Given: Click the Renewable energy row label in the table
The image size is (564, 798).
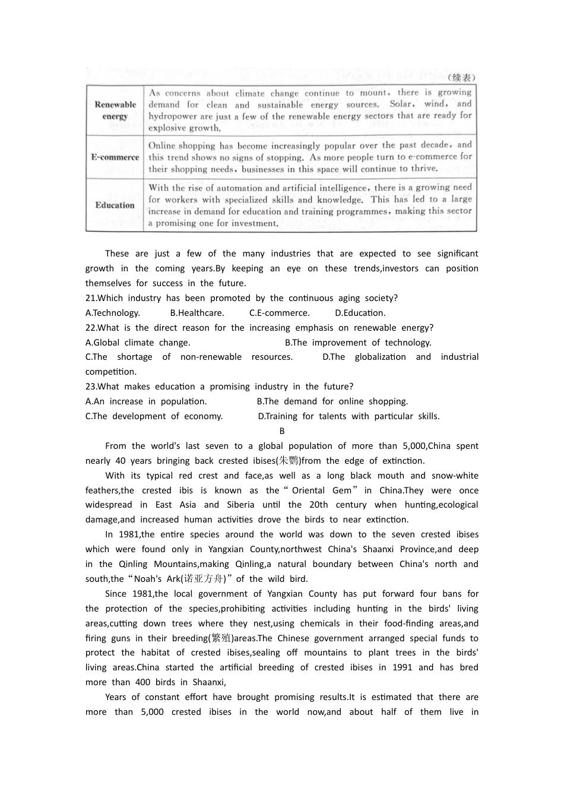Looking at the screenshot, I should click(115, 110).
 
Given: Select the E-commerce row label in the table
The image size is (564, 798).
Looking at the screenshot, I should click(115, 157).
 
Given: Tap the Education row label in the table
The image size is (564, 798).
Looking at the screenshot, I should click(115, 205).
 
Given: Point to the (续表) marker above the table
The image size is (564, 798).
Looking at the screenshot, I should click(461, 78).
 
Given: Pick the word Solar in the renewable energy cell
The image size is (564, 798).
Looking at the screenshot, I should click(401, 104).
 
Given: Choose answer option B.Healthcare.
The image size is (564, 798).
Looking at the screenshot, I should click(197, 313).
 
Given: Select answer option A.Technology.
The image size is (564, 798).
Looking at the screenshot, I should click(113, 313).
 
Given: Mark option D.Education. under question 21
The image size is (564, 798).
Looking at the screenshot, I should click(360, 313).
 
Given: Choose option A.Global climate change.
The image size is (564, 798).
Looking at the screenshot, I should click(138, 343).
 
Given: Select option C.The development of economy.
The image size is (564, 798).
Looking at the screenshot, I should click(154, 416).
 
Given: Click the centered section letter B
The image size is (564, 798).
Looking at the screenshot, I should click(282, 431).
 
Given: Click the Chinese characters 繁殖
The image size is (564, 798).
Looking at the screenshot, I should click(220, 638).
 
